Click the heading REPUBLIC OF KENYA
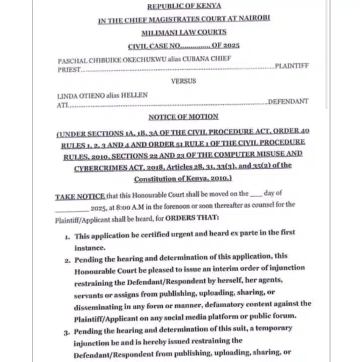click(x=184, y=6)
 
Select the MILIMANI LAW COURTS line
click(x=184, y=32)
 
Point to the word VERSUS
click(x=183, y=81)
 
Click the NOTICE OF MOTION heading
click(x=183, y=117)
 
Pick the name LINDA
click(x=65, y=96)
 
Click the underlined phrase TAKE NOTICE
click(x=80, y=197)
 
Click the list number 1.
click(x=67, y=237)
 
